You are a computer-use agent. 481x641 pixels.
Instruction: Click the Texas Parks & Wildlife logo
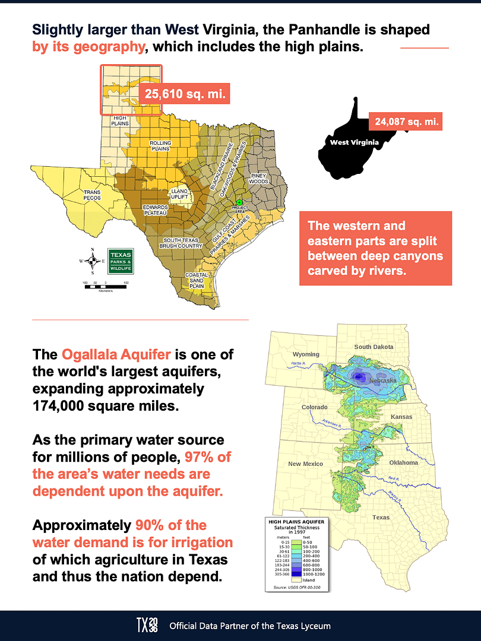click(121, 261)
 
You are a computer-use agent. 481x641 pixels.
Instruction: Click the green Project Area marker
click(239, 203)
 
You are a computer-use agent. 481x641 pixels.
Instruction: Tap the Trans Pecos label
click(92, 195)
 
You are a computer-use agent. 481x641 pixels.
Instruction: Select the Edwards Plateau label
click(155, 209)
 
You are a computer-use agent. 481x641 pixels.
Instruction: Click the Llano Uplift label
click(179, 194)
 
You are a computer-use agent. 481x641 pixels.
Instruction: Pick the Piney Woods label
click(260, 178)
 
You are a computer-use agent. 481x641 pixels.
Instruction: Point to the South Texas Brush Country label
click(183, 243)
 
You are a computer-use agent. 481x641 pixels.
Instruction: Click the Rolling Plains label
click(160, 145)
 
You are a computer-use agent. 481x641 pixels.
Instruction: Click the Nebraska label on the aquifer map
click(382, 380)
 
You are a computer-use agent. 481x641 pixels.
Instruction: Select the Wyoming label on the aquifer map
click(306, 354)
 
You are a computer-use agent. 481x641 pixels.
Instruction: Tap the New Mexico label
click(305, 464)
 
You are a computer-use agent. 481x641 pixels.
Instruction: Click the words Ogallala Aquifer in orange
click(116, 355)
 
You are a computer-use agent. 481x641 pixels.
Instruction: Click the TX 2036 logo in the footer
click(148, 625)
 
